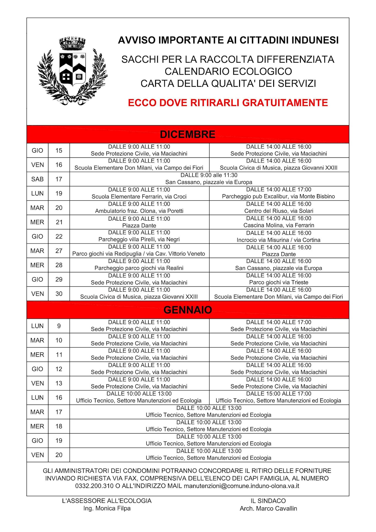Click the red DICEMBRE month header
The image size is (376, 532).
[188, 134]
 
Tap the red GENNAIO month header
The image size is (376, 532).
[188, 310]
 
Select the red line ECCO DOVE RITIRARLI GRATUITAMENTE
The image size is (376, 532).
[228, 103]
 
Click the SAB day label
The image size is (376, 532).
[37, 179]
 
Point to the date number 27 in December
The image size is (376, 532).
[59, 251]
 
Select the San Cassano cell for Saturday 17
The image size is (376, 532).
[209, 179]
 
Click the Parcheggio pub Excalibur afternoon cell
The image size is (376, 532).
[278, 193]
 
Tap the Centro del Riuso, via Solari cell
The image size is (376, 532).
[278, 208]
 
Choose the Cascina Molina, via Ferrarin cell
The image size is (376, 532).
[278, 222]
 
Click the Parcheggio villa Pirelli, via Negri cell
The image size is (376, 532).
[139, 236]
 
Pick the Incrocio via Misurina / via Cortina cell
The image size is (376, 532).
[278, 236]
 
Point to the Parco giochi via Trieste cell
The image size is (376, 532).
[278, 279]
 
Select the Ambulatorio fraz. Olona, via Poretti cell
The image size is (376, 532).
[139, 208]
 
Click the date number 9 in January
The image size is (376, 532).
[59, 326]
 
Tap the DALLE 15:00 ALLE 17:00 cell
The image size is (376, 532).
[278, 397]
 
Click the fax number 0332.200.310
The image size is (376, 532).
[94, 486]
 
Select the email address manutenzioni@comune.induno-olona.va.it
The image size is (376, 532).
[241, 486]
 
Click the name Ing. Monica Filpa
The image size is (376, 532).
[107, 508]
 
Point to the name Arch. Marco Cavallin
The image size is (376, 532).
[268, 508]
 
